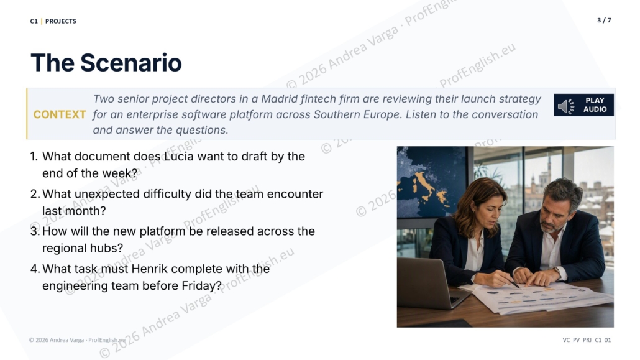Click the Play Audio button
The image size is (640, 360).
(583, 105)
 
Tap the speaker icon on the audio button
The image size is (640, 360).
(565, 106)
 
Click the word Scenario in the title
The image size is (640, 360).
(131, 63)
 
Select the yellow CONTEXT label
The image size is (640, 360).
(60, 114)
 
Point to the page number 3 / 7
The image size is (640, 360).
(604, 20)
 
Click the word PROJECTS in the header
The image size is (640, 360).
(61, 21)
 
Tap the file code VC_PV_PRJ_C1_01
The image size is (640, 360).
(587, 340)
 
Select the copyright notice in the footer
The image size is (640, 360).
(77, 340)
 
